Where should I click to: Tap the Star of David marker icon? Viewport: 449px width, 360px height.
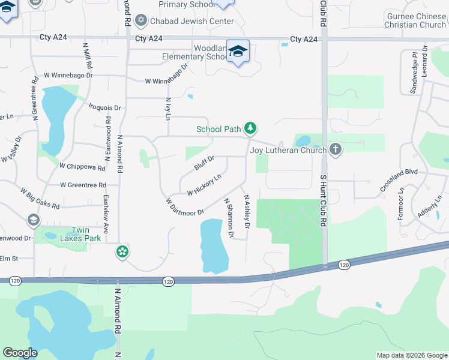142,21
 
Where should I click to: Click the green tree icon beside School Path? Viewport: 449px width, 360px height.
251,128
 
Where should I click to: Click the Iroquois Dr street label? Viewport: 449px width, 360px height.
104,108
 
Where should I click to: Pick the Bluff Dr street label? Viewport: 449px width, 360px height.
204,162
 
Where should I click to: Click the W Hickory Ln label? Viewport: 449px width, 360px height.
204,185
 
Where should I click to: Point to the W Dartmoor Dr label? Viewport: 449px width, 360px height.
185,206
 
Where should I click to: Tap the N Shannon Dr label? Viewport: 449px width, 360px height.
229,217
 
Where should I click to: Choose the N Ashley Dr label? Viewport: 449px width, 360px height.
246,211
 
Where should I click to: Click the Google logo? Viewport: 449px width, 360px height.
20,353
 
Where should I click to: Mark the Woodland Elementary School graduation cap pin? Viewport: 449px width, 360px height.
238,51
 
